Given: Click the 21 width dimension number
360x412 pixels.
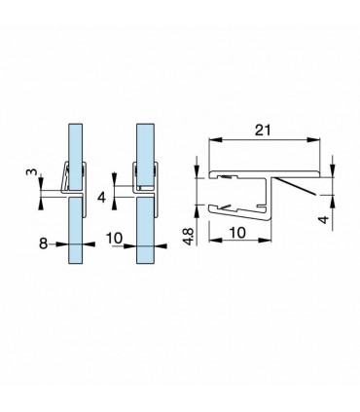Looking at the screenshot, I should click(x=263, y=129).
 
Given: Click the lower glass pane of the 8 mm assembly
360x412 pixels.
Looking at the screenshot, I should click(x=75, y=239).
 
